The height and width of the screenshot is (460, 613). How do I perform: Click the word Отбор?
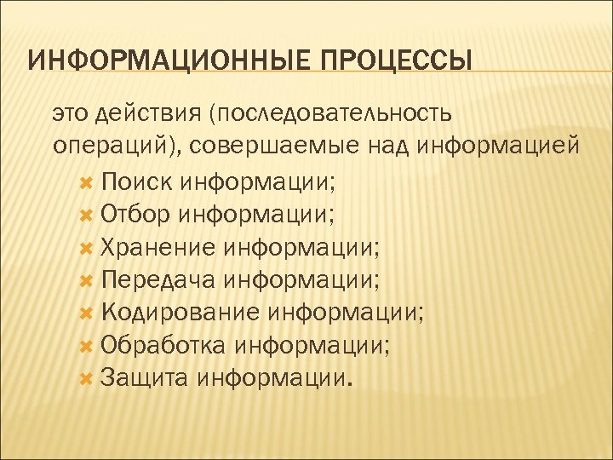point(136,214)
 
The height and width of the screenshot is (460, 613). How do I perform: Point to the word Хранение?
point(158,247)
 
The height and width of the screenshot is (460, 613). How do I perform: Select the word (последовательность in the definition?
point(332,113)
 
